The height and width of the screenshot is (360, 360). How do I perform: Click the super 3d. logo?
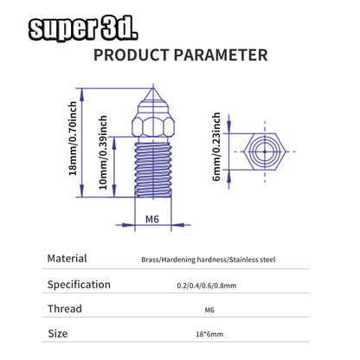pyautogui.click(x=83, y=29)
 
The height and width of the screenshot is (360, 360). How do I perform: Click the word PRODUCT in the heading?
pyautogui.click(x=132, y=55)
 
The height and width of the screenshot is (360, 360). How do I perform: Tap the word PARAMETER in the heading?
pyautogui.click(x=221, y=55)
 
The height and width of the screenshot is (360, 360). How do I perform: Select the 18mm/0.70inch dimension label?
pyautogui.click(x=73, y=138)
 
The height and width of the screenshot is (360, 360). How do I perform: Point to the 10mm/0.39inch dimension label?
pyautogui.click(x=103, y=152)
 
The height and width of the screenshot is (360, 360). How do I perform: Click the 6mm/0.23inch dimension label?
pyautogui.click(x=216, y=147)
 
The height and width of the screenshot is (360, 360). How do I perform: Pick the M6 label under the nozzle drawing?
pyautogui.click(x=152, y=219)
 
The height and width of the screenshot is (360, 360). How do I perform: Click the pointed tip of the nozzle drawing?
pyautogui.click(x=153, y=88)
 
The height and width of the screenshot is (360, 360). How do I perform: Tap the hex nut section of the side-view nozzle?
pyautogui.click(x=153, y=126)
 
